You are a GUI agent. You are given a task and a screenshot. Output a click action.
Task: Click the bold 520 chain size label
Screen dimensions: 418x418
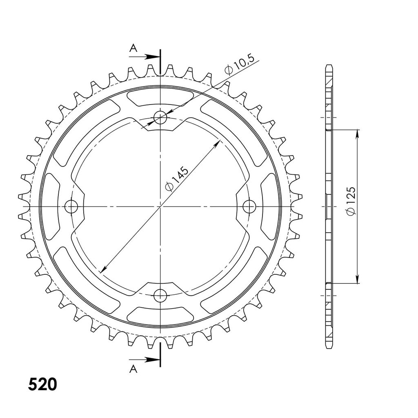[x=42, y=385]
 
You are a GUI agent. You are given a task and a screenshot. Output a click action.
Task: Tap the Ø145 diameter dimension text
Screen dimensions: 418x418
[x=177, y=179]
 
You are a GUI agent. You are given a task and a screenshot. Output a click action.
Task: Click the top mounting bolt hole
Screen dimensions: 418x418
[x=160, y=117]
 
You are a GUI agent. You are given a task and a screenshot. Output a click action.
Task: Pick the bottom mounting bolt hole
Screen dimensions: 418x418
[x=160, y=296]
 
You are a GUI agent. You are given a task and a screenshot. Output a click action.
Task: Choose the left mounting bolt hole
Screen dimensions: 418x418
[x=71, y=207]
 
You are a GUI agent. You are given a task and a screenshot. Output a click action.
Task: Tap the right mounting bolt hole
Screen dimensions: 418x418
[x=249, y=207]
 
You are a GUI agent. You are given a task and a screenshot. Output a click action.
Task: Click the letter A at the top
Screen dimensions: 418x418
[x=133, y=48]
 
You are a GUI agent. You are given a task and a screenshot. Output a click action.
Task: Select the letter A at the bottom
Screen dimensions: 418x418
[x=133, y=369]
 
